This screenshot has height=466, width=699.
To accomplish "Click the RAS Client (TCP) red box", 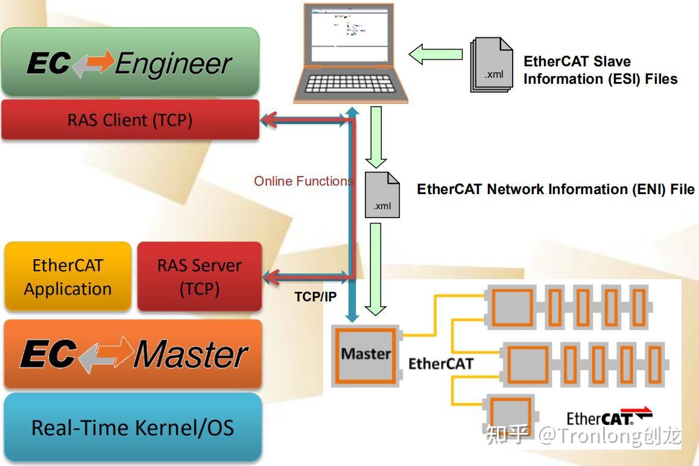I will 130,120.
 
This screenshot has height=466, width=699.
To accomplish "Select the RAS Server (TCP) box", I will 199,277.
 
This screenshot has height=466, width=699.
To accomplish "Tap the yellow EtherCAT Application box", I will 68,277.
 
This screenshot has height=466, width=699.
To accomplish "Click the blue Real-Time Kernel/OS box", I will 133,427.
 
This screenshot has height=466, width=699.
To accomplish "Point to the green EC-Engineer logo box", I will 130,62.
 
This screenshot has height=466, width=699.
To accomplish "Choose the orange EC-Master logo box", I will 133,354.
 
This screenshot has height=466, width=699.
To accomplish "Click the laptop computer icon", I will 350,53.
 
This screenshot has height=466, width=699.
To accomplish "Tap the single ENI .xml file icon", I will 382,195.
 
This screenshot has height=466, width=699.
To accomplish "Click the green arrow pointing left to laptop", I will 435,54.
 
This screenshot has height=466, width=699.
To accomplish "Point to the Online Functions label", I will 303,181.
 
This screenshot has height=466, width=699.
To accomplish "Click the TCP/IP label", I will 315,297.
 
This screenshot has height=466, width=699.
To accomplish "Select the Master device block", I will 366,354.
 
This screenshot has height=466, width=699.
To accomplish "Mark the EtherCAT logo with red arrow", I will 609,417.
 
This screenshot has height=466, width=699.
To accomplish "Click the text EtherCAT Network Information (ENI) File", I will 555,189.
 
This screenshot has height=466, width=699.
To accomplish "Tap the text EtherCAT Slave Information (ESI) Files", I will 600,70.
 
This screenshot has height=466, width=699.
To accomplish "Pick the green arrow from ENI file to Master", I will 376,269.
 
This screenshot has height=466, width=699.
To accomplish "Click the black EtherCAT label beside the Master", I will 440,364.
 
